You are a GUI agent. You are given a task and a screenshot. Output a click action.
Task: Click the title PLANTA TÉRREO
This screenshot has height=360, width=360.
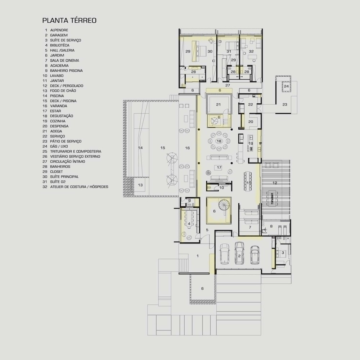tap(69, 21)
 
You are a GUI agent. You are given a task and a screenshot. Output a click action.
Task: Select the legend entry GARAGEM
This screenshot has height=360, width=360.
tap(59, 35)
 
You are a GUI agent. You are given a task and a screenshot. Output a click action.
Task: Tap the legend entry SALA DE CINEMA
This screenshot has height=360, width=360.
tap(64, 60)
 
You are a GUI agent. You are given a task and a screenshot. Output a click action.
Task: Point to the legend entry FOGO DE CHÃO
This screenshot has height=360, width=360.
tap(63, 91)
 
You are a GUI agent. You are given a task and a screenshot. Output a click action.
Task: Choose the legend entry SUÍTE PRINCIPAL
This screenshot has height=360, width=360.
tap(64, 176)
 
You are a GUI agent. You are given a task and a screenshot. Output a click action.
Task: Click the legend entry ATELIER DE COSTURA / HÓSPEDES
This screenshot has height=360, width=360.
tap(79, 186)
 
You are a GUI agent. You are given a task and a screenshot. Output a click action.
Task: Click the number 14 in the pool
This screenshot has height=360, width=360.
tap(140, 148)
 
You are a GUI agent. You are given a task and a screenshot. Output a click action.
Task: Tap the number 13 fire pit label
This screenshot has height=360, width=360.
tap(140, 185)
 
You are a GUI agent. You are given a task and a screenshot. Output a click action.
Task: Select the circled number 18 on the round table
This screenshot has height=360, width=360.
tap(219, 141)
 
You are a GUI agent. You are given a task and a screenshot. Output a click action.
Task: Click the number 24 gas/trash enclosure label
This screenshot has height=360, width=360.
tap(286, 86)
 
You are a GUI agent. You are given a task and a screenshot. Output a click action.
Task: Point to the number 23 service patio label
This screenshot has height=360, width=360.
tap(285, 104)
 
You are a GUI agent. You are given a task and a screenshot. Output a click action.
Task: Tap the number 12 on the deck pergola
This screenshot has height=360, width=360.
tap(275, 183)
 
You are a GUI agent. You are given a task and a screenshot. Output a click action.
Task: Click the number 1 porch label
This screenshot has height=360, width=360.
tap(198, 256)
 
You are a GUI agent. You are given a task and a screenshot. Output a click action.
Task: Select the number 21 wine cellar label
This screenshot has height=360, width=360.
tap(219, 104)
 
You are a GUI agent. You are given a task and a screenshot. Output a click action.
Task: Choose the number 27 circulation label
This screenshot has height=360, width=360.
tap(228, 85)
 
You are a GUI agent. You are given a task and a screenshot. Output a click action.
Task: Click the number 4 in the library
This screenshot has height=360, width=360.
tap(189, 224)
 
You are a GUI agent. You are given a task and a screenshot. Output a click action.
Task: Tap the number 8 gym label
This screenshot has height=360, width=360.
tap(271, 226)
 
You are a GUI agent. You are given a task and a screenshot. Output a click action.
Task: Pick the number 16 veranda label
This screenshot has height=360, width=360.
tap(187, 148)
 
